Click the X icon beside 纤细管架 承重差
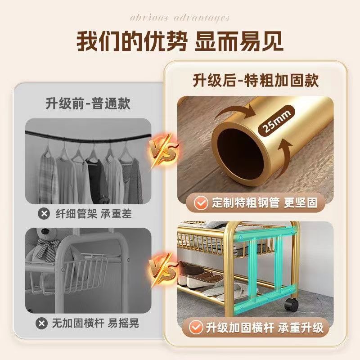44,214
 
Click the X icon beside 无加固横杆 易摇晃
41,323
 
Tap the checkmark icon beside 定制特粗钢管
201,203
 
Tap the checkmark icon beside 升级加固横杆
196,327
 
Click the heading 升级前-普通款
88,103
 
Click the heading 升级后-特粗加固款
256,81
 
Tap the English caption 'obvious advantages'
180,18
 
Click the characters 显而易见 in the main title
239,41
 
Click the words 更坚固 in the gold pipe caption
301,203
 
